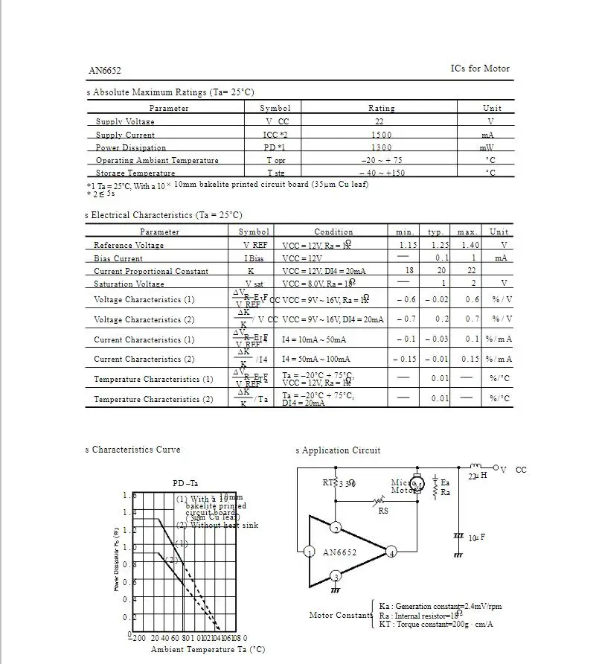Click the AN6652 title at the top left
click(105, 71)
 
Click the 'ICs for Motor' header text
click(480, 68)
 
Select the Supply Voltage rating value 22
click(379, 121)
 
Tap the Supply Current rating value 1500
click(381, 135)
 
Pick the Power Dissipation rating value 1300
click(381, 147)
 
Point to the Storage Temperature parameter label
click(135, 173)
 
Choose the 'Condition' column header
click(333, 232)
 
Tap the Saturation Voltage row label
click(129, 284)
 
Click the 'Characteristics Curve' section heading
click(135, 450)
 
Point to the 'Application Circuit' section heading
click(341, 450)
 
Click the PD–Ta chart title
click(185, 483)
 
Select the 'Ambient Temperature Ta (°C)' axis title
click(208, 649)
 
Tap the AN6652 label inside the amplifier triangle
click(340, 552)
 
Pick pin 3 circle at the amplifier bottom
click(336, 577)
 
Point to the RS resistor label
click(383, 511)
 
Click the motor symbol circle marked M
click(417, 485)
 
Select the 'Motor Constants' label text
click(341, 615)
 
